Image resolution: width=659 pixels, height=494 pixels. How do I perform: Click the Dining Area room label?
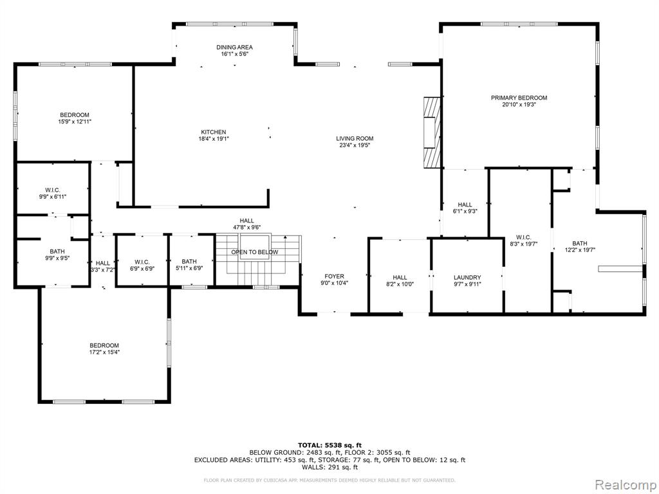click(234, 48)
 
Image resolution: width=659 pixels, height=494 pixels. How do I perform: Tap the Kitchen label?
click(214, 132)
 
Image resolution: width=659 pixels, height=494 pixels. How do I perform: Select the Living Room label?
click(355, 139)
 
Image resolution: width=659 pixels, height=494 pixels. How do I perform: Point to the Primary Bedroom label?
click(519, 98)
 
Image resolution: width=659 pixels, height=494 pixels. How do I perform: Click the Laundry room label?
click(467, 278)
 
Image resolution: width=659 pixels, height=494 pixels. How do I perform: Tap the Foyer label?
click(334, 277)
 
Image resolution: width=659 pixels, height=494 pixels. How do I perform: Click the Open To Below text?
click(255, 252)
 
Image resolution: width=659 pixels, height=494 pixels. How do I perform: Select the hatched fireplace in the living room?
click(432, 133)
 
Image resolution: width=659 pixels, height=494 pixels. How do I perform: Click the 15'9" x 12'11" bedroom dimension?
click(75, 122)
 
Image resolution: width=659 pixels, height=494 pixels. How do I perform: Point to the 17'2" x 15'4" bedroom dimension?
click(104, 352)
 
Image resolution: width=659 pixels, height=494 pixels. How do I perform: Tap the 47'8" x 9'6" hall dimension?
click(247, 227)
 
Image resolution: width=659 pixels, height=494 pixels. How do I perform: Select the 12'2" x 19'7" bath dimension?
click(580, 250)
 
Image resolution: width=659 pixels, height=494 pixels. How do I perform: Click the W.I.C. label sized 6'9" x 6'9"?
click(142, 262)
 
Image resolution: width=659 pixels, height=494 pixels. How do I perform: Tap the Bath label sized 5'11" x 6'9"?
click(189, 262)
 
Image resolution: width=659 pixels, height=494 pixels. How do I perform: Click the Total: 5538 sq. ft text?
click(329, 445)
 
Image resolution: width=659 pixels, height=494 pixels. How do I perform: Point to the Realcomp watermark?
click(626, 485)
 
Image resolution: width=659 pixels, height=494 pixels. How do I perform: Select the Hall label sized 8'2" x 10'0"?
click(400, 278)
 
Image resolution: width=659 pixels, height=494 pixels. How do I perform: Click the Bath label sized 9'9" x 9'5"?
click(57, 252)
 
